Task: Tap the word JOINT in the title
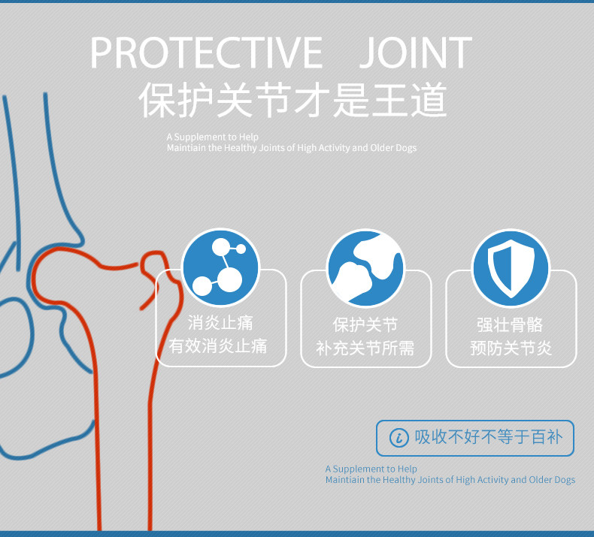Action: pos(415,53)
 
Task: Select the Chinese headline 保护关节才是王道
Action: pos(293,100)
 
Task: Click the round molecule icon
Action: pos(220,268)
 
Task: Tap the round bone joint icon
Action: pos(365,268)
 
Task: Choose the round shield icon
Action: pos(511,268)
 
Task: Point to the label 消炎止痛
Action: pos(220,324)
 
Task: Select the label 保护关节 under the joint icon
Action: pos(365,325)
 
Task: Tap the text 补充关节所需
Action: pos(365,348)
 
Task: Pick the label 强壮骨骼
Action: pos(511,325)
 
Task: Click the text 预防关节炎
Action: pos(511,348)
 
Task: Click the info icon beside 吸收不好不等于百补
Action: pos(399,438)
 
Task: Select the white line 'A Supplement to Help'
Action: pos(213,137)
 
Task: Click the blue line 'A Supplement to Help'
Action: pos(371,469)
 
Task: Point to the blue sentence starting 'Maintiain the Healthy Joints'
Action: pos(450,480)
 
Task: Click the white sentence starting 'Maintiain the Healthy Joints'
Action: pos(292,148)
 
